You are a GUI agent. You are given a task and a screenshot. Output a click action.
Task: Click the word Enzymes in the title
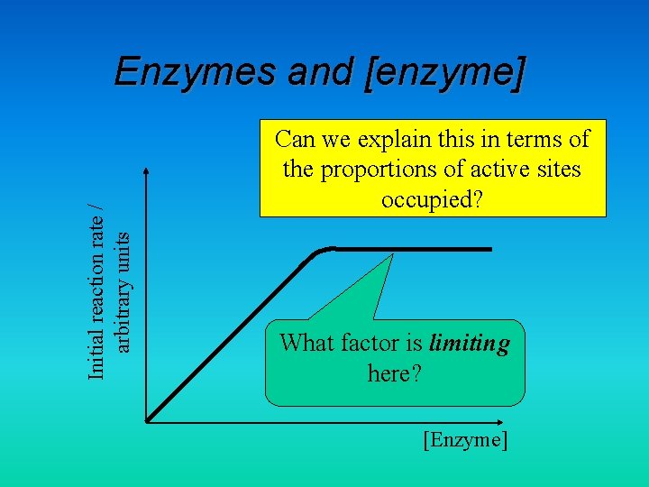click(196, 72)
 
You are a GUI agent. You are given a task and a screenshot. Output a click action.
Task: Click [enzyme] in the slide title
click(444, 72)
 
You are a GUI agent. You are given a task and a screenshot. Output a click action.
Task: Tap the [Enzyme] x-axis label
click(465, 440)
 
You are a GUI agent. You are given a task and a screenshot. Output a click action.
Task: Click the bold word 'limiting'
click(469, 344)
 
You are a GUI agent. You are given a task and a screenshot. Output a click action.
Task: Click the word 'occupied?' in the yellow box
click(433, 199)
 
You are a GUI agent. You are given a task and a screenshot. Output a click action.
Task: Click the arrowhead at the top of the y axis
click(146, 171)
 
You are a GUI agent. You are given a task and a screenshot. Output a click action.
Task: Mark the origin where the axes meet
click(147, 419)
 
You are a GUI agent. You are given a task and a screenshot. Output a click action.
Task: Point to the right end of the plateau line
click(491, 249)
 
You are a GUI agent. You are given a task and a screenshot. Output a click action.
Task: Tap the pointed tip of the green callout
click(394, 253)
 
